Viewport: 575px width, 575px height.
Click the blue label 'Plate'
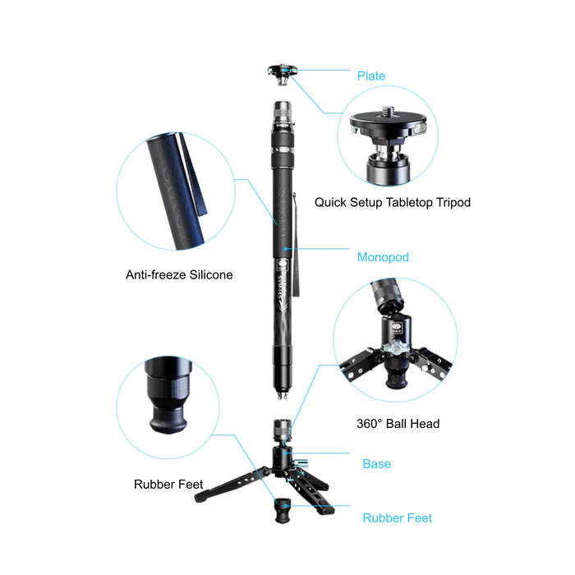pos(370,76)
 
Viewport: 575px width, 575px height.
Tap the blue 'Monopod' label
pos(382,257)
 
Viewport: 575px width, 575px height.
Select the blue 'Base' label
pos(376,464)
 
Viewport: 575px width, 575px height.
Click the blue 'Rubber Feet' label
pos(397,517)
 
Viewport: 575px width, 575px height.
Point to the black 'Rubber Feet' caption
pos(168,485)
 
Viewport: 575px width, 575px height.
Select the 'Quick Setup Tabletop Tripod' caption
pos(393,202)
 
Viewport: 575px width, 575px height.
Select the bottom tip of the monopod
pos(283,393)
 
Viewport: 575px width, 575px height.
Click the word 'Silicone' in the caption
pos(207,275)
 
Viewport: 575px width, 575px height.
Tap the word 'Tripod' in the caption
pos(452,202)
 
